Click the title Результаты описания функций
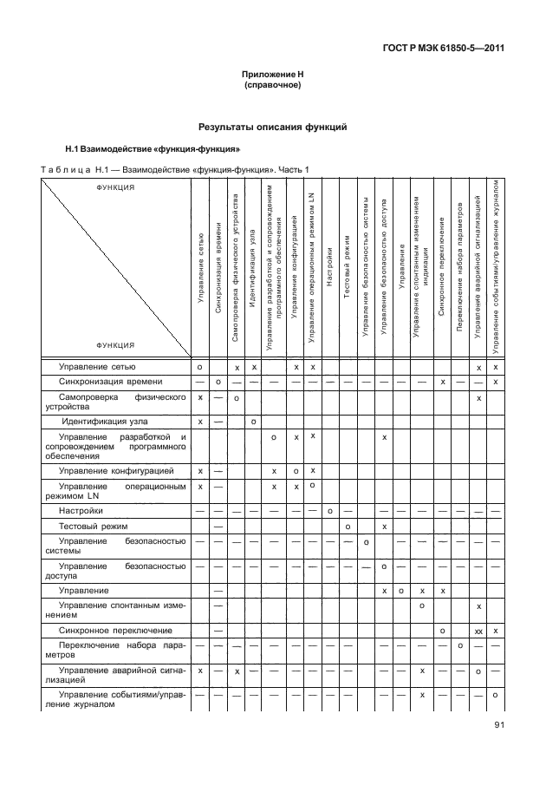(x=272, y=127)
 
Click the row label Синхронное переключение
(x=115, y=629)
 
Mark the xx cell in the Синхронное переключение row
(x=478, y=630)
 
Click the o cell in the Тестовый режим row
(x=348, y=527)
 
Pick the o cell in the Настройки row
(x=331, y=511)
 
